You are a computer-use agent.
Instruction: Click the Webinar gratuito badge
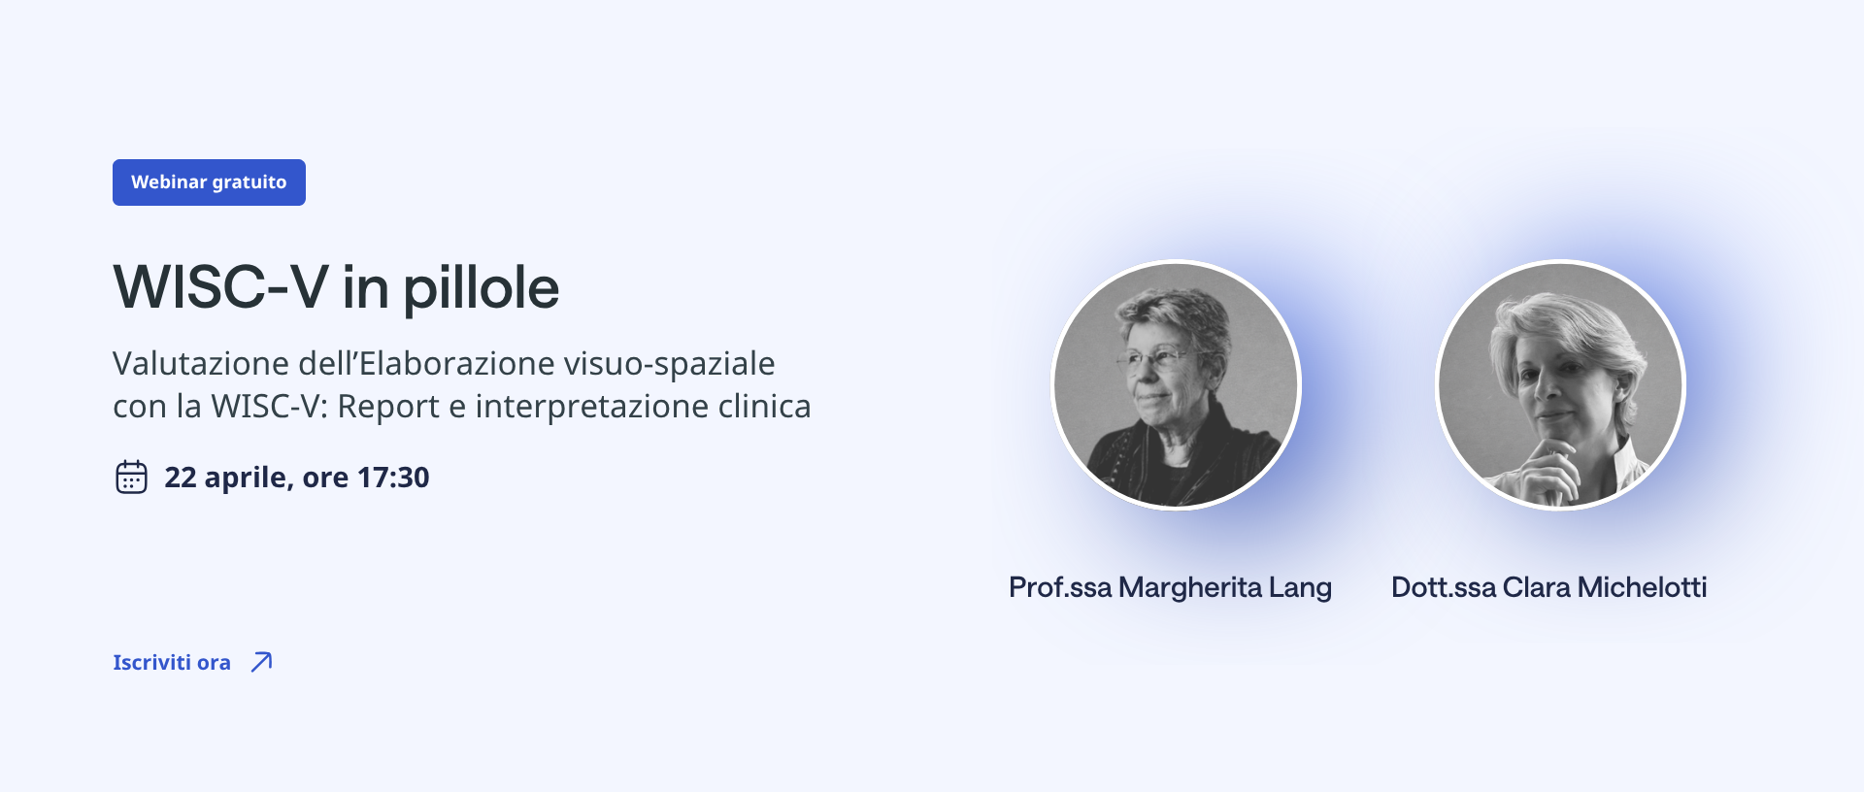tap(209, 182)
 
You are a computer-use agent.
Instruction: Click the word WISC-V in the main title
tap(221, 287)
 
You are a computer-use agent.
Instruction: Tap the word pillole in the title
tap(482, 289)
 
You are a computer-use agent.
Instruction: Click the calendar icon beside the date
tap(131, 477)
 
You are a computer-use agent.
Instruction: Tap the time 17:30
tap(393, 478)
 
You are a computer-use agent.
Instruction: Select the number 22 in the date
tap(181, 478)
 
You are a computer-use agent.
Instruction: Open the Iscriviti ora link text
tap(172, 662)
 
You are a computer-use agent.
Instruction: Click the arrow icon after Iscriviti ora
tap(261, 662)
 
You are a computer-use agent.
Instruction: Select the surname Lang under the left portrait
tap(1300, 588)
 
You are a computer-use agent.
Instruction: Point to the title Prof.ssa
tap(1060, 587)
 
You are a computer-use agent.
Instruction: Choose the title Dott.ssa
tap(1444, 587)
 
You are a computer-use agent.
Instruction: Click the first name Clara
tap(1537, 587)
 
